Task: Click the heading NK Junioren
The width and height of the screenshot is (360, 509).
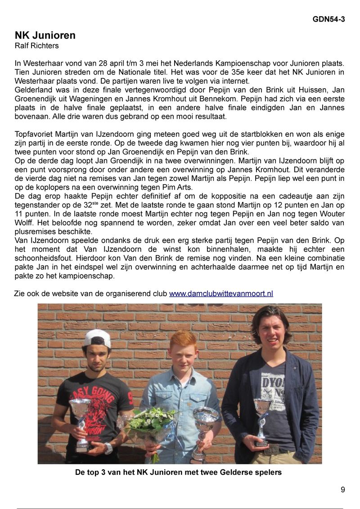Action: [x=45, y=36]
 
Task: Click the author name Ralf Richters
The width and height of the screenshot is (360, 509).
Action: [x=37, y=46]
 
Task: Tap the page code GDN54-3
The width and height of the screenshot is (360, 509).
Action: [x=329, y=19]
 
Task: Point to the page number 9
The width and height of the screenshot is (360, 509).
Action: [x=343, y=490]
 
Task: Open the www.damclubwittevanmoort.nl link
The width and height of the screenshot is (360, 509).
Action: [x=221, y=294]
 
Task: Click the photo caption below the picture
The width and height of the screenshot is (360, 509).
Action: [x=178, y=473]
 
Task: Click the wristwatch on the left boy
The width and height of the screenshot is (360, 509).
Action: [x=108, y=448]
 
